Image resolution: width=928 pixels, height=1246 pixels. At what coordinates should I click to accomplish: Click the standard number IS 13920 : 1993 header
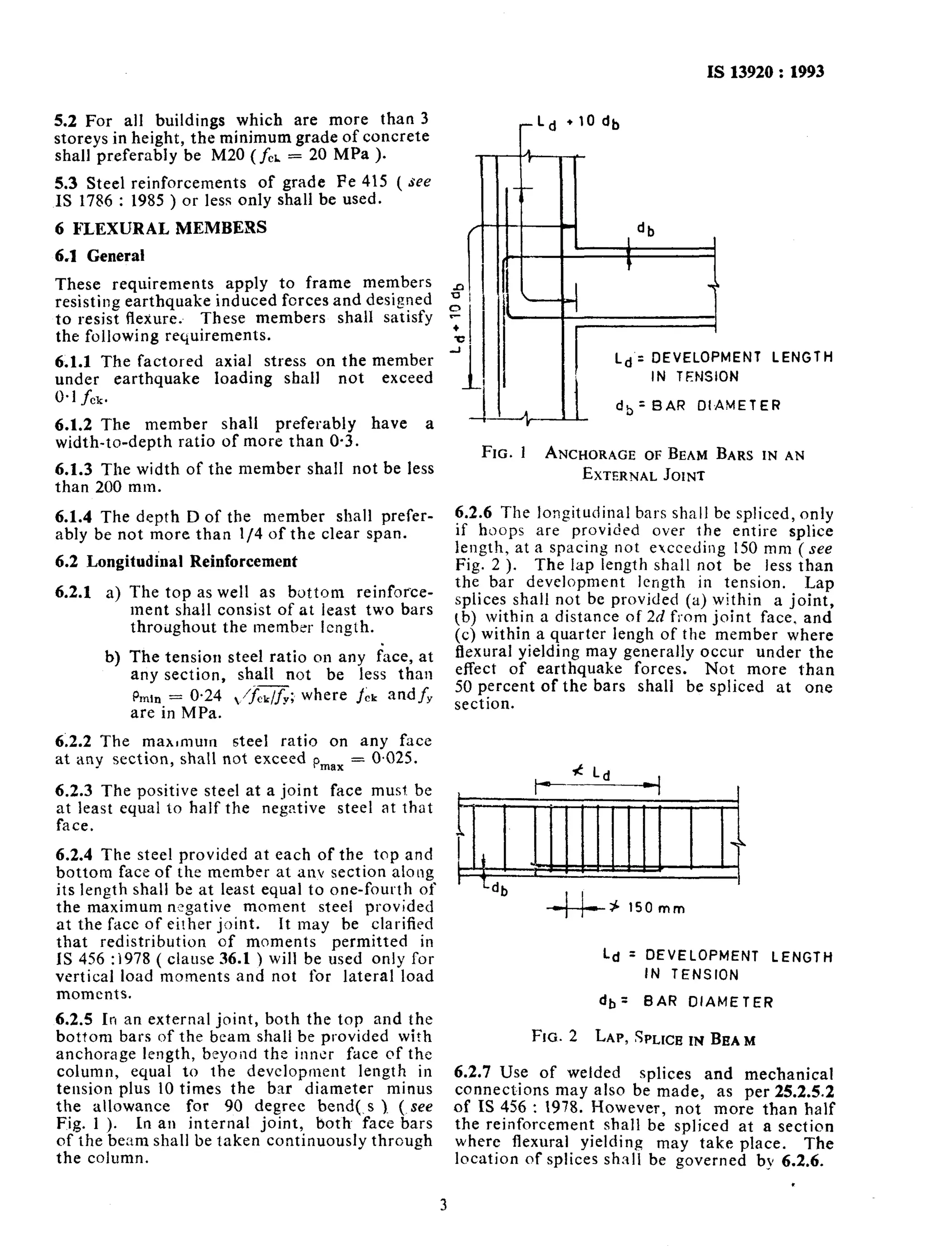(766, 72)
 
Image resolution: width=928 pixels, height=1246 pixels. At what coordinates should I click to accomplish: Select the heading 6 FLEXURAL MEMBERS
(161, 228)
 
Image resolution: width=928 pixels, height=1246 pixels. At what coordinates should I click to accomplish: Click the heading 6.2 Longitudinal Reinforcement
(176, 561)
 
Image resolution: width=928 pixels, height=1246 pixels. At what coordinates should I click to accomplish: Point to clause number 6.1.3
(73, 469)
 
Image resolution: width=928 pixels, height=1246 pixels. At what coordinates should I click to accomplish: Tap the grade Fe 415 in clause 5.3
(362, 183)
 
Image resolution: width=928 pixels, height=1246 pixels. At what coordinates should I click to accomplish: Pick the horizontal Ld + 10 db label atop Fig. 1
(578, 122)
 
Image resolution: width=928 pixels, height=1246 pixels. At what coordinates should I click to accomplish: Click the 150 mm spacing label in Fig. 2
(656, 908)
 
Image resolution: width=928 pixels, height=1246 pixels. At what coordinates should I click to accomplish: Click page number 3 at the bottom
(443, 1206)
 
